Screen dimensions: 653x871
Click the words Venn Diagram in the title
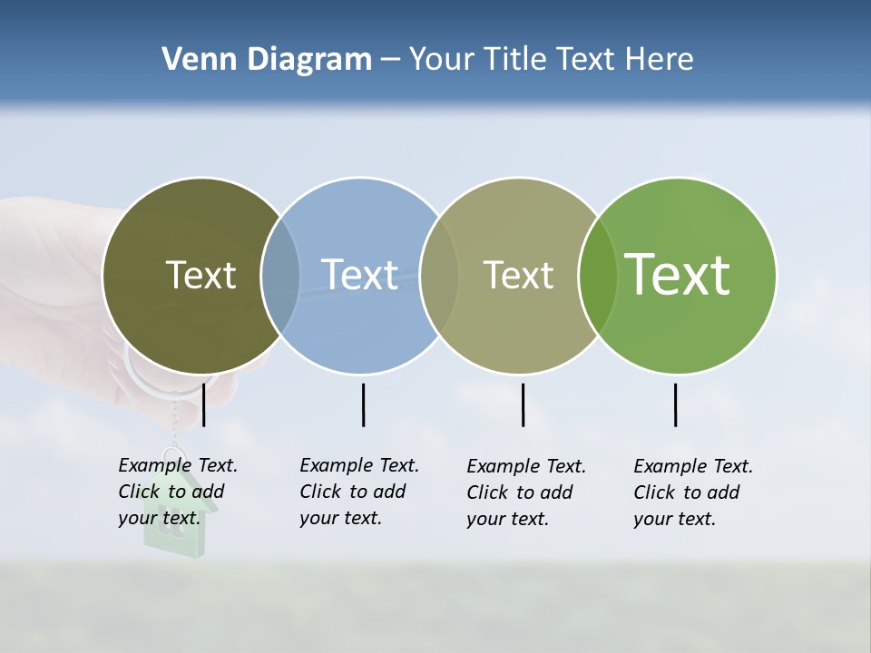click(x=267, y=60)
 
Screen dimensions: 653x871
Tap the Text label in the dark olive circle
click(x=201, y=275)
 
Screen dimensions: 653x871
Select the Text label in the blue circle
click(x=360, y=275)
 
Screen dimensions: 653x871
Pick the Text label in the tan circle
click(x=518, y=275)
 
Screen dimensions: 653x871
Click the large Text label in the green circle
click(x=678, y=274)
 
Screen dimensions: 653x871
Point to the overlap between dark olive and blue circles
click(x=280, y=276)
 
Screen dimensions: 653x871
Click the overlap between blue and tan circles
click(x=439, y=276)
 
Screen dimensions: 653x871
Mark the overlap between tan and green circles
click(x=598, y=276)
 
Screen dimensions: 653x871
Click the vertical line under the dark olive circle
click(x=204, y=404)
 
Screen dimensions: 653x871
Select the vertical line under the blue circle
click(x=363, y=404)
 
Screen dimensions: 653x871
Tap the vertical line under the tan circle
click(x=524, y=404)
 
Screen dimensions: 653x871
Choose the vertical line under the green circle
click(x=676, y=404)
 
